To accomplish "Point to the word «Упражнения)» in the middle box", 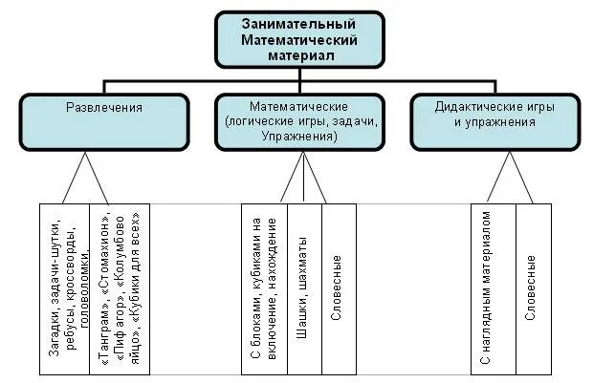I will pos(298,137).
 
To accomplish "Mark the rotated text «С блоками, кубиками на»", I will pos(256,287).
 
